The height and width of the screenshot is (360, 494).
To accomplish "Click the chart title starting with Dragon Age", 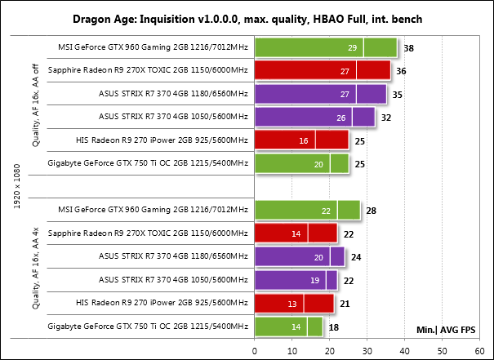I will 246,18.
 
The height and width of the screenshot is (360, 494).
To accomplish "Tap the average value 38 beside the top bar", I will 408,48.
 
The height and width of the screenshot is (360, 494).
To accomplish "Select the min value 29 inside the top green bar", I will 352,48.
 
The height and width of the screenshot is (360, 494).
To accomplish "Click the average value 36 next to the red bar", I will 401,71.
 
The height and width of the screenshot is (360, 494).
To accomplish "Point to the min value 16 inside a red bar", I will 304,141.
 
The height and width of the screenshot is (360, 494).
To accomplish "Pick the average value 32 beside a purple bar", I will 385,118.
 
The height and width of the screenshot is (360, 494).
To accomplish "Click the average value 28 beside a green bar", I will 371,211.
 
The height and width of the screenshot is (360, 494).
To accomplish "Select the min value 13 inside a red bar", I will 292,304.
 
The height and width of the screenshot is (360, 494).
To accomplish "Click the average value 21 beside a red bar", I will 345,304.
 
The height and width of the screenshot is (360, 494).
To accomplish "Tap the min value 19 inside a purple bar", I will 314,282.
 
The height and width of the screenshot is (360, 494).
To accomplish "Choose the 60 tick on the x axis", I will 481,350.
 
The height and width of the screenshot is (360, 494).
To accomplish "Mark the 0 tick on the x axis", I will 255,350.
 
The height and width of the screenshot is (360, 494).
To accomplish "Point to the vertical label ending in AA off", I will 36,106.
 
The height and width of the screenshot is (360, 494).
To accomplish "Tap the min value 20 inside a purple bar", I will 318,258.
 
